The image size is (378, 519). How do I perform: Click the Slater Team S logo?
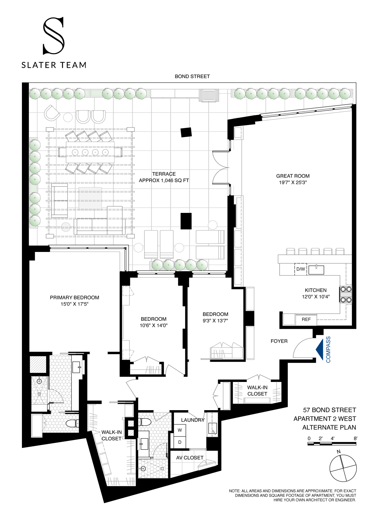pyautogui.click(x=54, y=36)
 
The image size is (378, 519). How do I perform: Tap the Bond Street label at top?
pyautogui.click(x=192, y=76)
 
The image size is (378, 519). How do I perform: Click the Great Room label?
pyautogui.click(x=293, y=176)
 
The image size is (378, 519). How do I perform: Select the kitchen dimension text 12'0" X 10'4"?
pyautogui.click(x=316, y=297)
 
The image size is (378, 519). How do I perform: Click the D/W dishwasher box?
pyautogui.click(x=300, y=269)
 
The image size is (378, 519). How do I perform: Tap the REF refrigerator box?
pyautogui.click(x=306, y=319)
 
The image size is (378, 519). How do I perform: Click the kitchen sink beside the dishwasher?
pyautogui.click(x=316, y=270)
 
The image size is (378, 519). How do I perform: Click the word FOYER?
pyautogui.click(x=279, y=341)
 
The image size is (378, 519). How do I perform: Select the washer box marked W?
pyautogui.click(x=180, y=430)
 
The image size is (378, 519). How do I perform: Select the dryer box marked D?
pyautogui.click(x=180, y=442)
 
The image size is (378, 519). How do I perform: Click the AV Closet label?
pyautogui.click(x=190, y=458)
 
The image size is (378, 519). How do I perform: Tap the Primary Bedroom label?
pyautogui.click(x=75, y=298)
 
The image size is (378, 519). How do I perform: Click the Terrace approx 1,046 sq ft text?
pyautogui.click(x=164, y=177)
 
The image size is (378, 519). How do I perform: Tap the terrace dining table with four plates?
pyautogui.click(x=90, y=152)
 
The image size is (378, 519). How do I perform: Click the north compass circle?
pyautogui.click(x=343, y=468)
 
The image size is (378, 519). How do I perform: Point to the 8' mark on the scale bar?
pyautogui.click(x=355, y=438)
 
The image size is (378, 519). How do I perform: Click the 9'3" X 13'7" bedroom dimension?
pyautogui.click(x=215, y=321)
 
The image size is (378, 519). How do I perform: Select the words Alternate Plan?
pyautogui.click(x=329, y=428)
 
